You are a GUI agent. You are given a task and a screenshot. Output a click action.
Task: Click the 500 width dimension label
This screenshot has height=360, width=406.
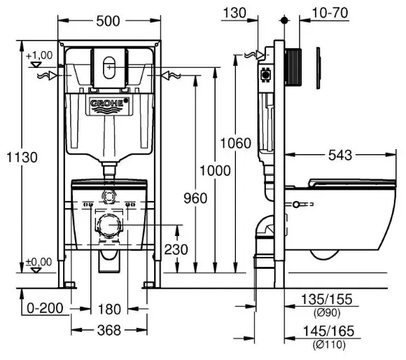[108, 21]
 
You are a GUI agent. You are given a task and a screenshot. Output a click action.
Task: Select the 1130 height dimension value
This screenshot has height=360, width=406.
[22, 157]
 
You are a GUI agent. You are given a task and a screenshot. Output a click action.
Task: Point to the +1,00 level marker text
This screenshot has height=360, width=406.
[39, 55]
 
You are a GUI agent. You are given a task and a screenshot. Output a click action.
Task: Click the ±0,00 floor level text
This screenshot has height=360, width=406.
[38, 262]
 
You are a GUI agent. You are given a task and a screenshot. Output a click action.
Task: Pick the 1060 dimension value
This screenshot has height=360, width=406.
[236, 143]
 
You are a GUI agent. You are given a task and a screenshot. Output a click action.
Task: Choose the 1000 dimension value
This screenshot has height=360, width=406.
[215, 171]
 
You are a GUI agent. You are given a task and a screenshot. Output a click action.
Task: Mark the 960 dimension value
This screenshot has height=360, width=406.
[195, 198]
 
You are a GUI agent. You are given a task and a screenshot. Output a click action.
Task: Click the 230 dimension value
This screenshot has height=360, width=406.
[176, 249]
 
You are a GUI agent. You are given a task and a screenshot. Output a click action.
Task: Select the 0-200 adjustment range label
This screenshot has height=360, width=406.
[45, 308]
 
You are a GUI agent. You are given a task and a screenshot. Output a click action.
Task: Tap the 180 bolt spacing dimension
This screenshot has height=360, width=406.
[109, 310]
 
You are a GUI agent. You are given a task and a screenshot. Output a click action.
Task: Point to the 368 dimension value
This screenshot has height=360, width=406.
[109, 331]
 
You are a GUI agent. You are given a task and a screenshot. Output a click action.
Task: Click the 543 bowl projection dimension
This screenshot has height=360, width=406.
[340, 155]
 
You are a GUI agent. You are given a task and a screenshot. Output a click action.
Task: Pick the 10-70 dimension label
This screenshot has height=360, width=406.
[330, 13]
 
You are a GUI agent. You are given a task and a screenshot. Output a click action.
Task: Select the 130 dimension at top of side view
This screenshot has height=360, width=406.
[234, 13]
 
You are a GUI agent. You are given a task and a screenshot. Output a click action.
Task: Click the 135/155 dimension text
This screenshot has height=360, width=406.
[326, 299]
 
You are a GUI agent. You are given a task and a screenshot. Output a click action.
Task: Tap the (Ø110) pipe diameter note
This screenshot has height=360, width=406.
[329, 345]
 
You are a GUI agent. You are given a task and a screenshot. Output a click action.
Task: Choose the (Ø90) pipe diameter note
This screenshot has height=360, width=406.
[327, 313]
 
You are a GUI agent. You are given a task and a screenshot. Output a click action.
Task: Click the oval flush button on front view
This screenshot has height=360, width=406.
[109, 68]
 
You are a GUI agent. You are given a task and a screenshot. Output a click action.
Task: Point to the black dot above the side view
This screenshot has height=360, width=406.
[284, 20]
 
